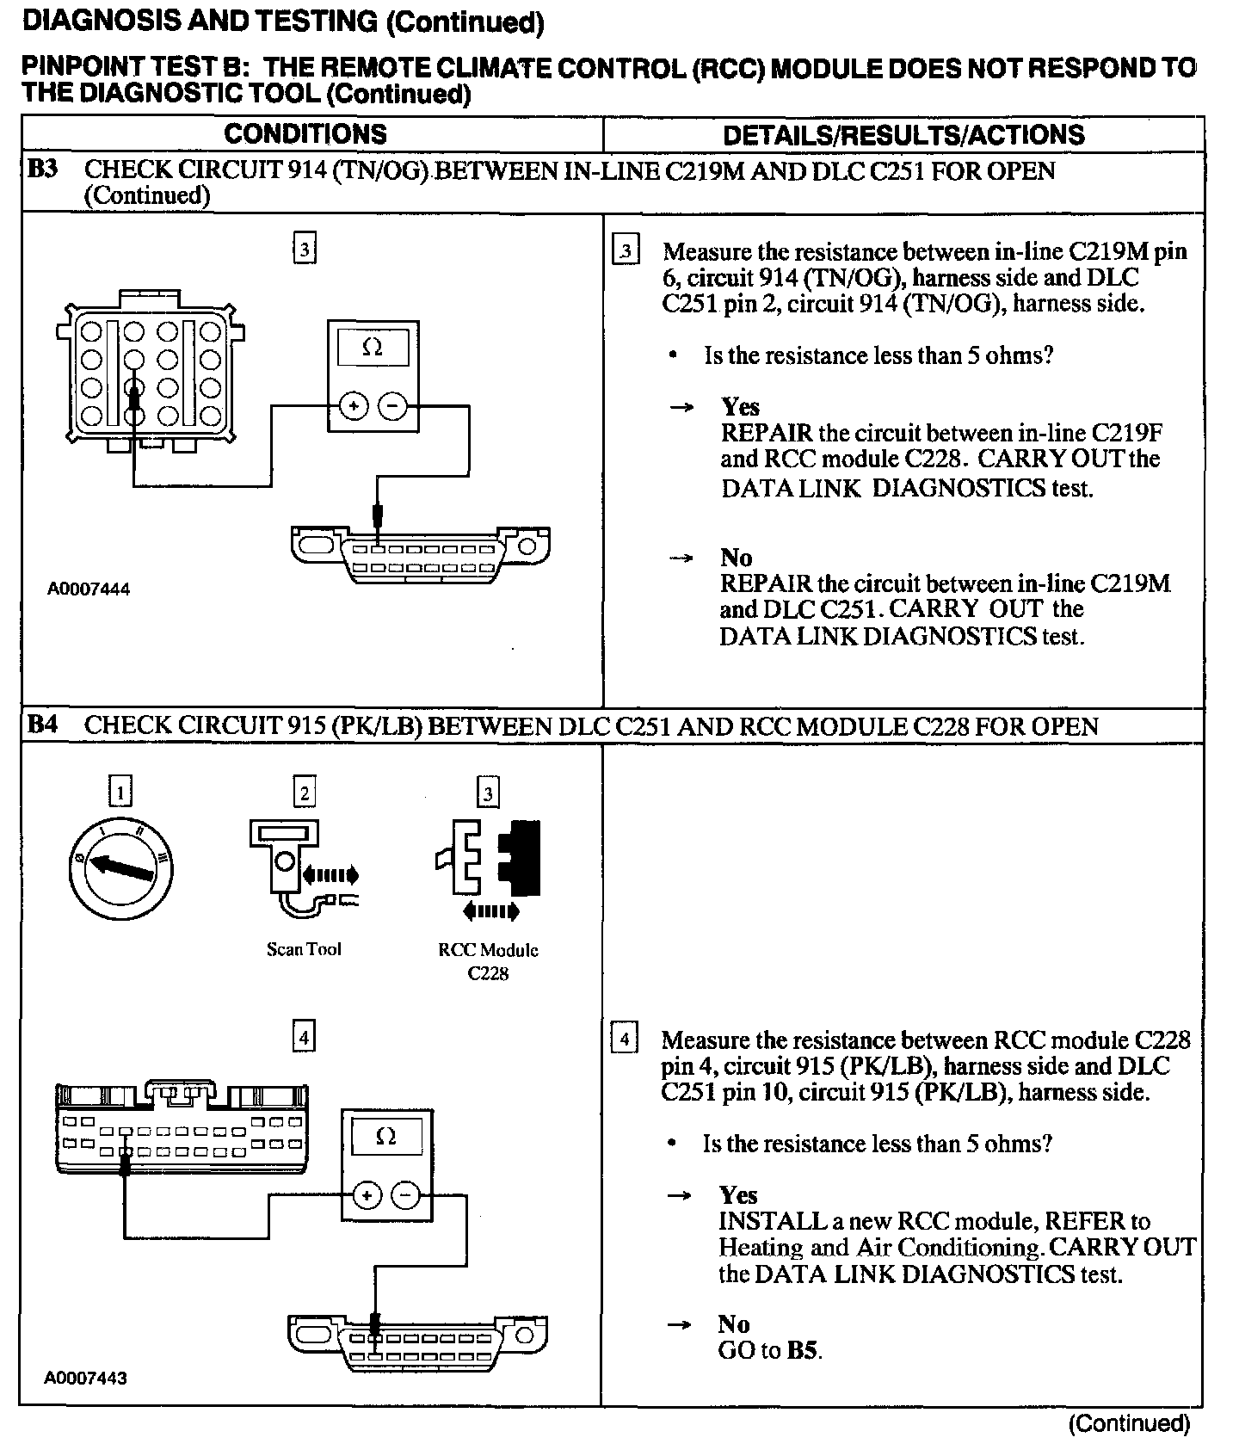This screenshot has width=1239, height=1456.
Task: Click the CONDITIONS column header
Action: click(305, 134)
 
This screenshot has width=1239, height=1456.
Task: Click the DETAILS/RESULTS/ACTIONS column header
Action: click(903, 135)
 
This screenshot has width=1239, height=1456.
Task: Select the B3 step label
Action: click(42, 169)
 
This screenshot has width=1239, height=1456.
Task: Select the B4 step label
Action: click(42, 725)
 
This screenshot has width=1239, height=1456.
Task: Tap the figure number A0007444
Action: click(89, 589)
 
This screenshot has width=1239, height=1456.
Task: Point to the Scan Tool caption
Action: click(304, 949)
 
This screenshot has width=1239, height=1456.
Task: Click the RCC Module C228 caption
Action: click(488, 961)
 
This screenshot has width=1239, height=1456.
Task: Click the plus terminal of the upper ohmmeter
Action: click(353, 405)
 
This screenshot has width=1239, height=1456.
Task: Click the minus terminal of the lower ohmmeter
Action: click(406, 1195)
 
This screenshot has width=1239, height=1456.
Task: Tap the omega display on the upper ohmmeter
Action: click(373, 348)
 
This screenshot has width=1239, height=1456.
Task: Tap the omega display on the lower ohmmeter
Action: click(386, 1137)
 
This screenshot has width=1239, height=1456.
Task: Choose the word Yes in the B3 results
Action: click(740, 407)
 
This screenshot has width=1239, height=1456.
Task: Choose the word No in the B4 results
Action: click(734, 1323)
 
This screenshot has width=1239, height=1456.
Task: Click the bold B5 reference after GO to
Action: click(801, 1350)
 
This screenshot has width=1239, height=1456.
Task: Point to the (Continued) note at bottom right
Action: click(1129, 1424)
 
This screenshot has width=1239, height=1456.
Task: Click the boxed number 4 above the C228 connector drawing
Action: click(304, 1036)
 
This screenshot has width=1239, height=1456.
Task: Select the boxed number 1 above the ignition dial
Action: click(120, 791)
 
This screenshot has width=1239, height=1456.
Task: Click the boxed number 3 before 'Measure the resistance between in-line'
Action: click(626, 251)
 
